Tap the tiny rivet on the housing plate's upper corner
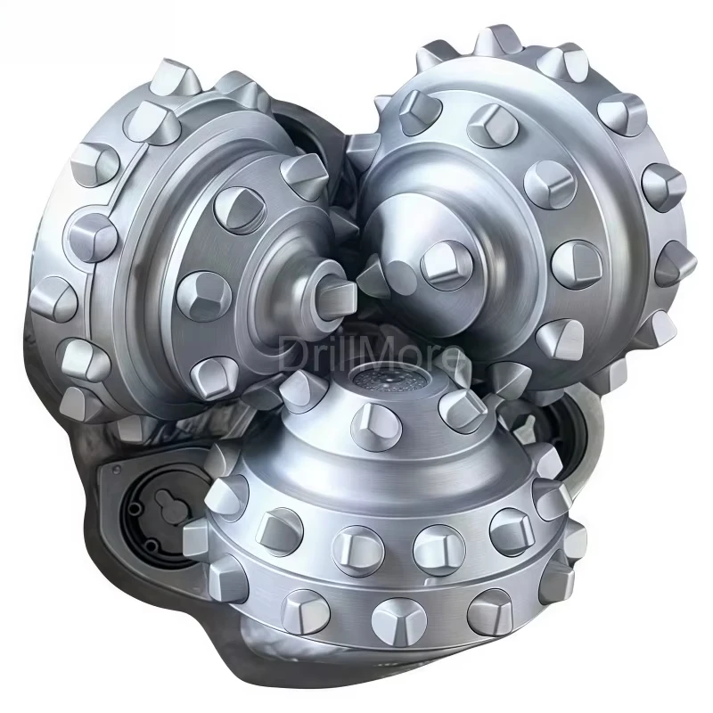pos(112,470)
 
